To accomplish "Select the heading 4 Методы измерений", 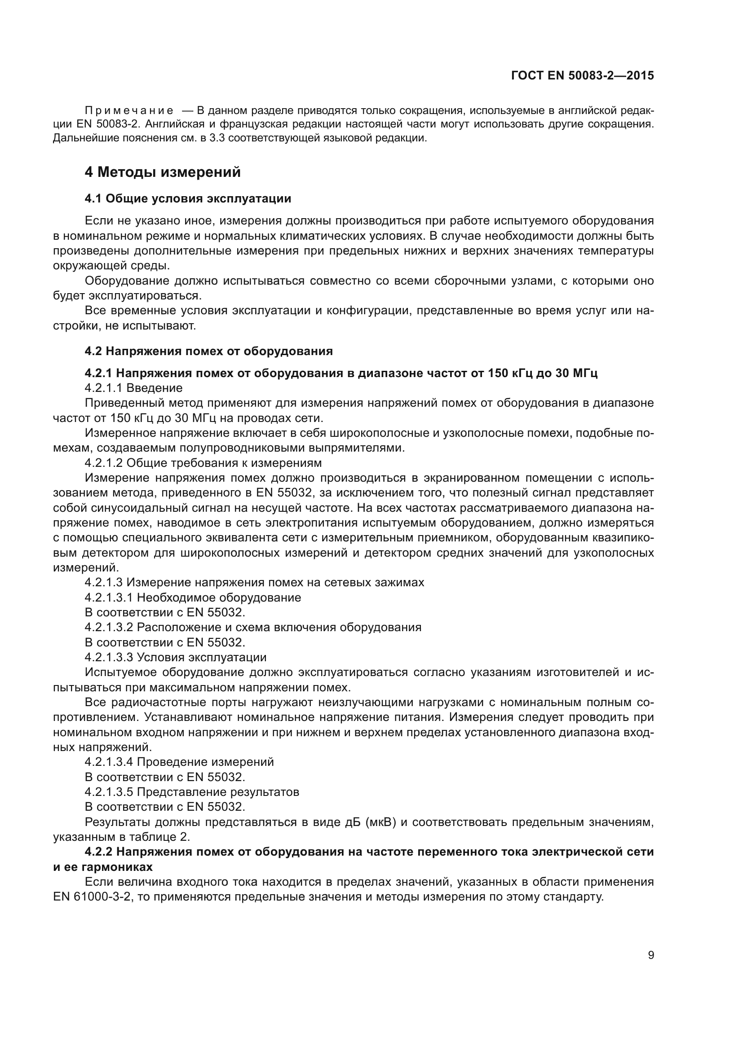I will point(163,172).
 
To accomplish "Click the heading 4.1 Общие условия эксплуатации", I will point(188,198).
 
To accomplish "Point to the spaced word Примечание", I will point(129,111).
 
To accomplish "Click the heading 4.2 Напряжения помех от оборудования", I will point(208,351).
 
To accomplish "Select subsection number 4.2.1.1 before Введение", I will point(104,388).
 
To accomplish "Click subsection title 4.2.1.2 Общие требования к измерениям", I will point(203,463).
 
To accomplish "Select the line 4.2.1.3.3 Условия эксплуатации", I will point(175,658).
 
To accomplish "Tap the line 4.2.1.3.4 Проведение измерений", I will point(179,762).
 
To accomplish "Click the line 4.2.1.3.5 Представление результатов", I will point(192,792).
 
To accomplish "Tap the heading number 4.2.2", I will point(100,852).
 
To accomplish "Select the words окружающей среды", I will point(111,266).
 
